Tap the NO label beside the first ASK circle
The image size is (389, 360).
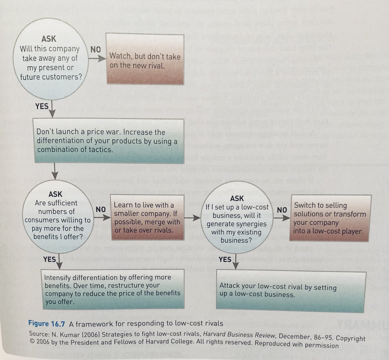coord(95,50)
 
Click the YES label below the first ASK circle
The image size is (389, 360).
coord(42,106)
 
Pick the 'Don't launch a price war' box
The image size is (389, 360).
coord(109,141)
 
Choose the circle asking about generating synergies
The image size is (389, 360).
coord(236,220)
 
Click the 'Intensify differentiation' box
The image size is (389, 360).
coord(113,289)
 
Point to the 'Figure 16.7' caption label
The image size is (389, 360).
coord(47,323)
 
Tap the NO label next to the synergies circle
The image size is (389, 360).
coord(282,210)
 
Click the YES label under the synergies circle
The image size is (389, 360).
coord(225,259)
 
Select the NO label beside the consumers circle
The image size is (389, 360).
coord(101,210)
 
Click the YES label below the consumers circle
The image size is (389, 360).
coord(49,259)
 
